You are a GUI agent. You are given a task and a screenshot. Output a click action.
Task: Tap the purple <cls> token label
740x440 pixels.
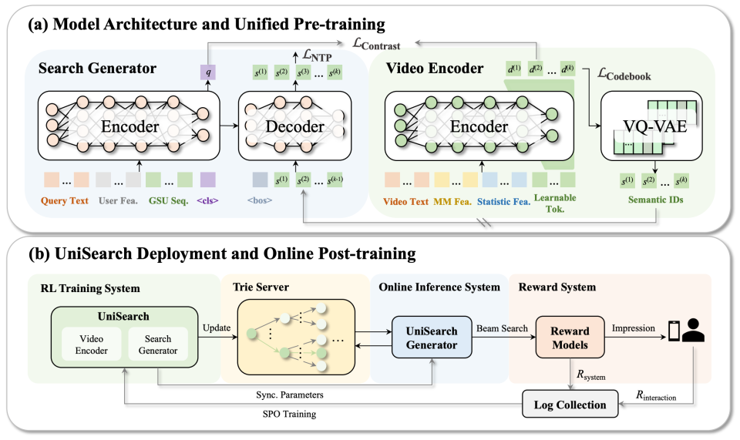(x=207, y=203)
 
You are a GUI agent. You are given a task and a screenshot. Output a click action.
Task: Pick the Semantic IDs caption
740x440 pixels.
(x=652, y=203)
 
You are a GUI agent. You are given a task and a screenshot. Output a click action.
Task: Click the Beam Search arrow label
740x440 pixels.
(x=502, y=328)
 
